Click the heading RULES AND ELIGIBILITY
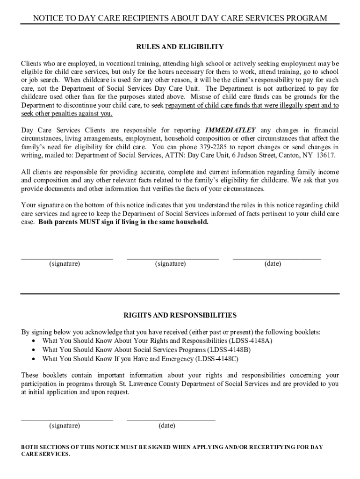click(180, 47)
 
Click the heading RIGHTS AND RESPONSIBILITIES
click(180, 315)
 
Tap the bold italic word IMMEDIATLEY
click(230, 130)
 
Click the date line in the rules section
click(277, 258)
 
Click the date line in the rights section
click(171, 420)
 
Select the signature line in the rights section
click(67, 420)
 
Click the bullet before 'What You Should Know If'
click(34, 359)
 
